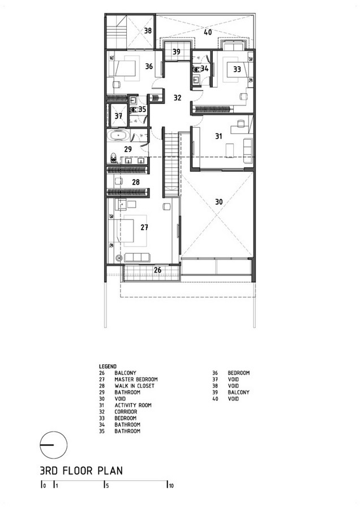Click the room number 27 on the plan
(x=144, y=227)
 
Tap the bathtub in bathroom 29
(x=119, y=136)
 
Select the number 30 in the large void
(x=219, y=202)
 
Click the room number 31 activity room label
(x=218, y=136)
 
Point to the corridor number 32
(x=177, y=98)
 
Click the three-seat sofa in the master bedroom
(x=137, y=257)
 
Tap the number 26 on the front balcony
(x=157, y=270)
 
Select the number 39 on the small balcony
(x=177, y=52)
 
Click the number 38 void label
(x=148, y=31)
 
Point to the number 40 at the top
(x=208, y=32)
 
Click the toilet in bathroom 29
(x=113, y=158)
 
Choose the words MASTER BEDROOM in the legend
(x=136, y=379)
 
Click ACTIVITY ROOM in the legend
(x=133, y=405)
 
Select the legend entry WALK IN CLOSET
(x=134, y=386)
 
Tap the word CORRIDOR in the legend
(x=126, y=412)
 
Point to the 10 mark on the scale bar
(x=171, y=486)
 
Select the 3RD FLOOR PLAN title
(x=82, y=471)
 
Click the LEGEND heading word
(x=108, y=366)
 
